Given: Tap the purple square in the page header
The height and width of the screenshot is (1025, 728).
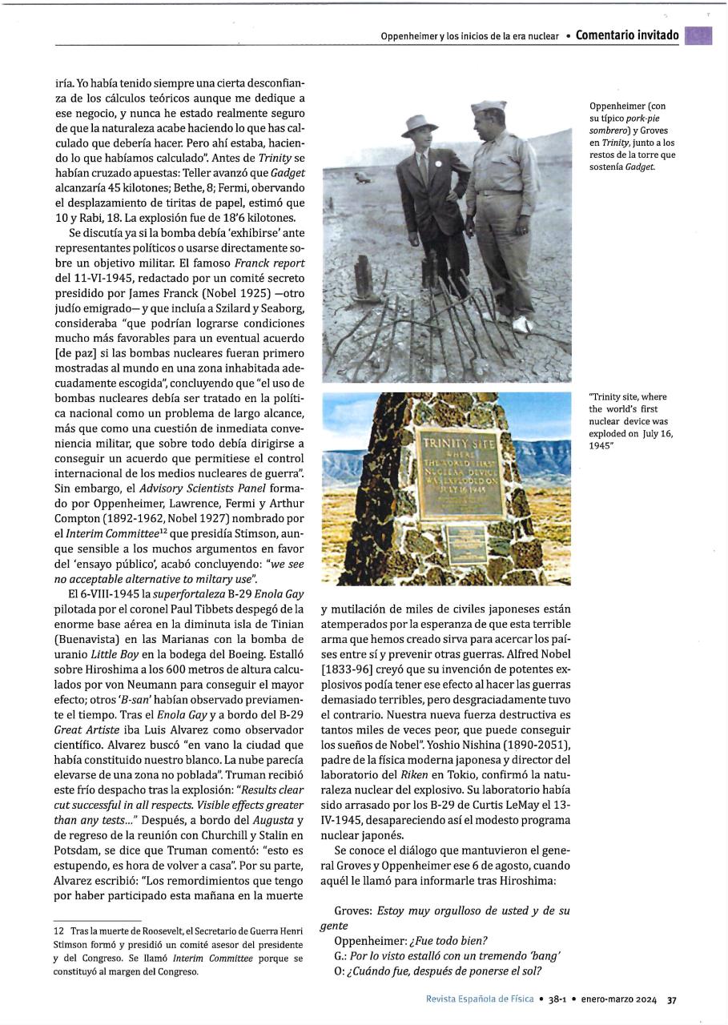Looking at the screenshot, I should click(698, 35).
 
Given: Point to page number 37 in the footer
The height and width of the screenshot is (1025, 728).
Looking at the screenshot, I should click(672, 999).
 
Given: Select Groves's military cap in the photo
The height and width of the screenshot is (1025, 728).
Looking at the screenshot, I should click(489, 106).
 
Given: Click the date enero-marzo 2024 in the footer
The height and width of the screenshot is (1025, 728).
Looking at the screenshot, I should click(617, 999).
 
